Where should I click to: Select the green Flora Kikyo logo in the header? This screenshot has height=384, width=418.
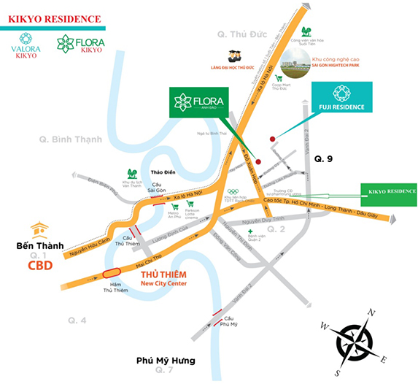click(x=81, y=44)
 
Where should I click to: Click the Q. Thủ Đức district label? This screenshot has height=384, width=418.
click(x=239, y=34)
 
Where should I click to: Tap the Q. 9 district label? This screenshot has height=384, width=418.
click(x=323, y=158)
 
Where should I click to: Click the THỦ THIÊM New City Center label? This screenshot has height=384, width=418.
click(x=163, y=278)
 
